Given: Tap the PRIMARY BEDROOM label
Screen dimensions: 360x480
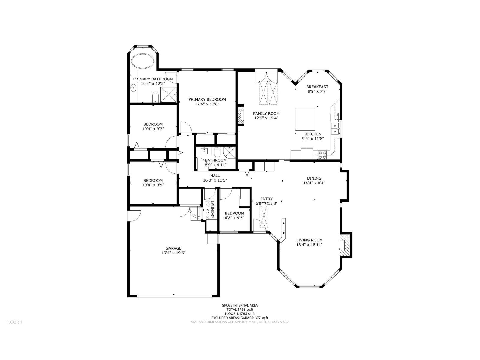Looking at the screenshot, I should pyautogui.click(x=207, y=99).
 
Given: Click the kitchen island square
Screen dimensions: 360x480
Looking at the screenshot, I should pyautogui.click(x=305, y=119).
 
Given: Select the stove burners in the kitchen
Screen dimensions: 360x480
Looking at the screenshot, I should pyautogui.click(x=322, y=155).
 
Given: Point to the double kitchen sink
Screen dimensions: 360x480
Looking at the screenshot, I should pyautogui.click(x=335, y=128).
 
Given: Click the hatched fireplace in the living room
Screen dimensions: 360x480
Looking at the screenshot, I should pyautogui.click(x=346, y=245).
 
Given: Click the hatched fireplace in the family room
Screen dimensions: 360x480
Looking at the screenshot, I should pyautogui.click(x=240, y=114).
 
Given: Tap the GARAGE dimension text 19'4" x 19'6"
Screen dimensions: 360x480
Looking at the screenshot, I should pyautogui.click(x=173, y=253).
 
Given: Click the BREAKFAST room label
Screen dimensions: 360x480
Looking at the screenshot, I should pyautogui.click(x=317, y=87).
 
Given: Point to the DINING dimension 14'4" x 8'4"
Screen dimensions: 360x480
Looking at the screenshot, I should pyautogui.click(x=314, y=183).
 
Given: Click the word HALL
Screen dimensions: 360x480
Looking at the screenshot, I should pyautogui.click(x=215, y=175).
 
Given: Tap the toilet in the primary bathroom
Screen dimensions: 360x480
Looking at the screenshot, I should pyautogui.click(x=155, y=97).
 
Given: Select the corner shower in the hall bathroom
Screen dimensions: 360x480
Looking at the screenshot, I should pyautogui.click(x=229, y=152).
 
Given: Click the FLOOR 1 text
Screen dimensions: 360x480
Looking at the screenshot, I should pyautogui.click(x=14, y=322).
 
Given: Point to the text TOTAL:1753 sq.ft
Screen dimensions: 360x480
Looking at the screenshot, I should pyautogui.click(x=240, y=310).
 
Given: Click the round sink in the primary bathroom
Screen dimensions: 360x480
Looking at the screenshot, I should pyautogui.click(x=133, y=88).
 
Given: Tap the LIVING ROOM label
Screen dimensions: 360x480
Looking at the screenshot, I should pyautogui.click(x=309, y=240).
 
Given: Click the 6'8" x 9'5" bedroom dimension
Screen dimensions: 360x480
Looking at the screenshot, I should pyautogui.click(x=234, y=218).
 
